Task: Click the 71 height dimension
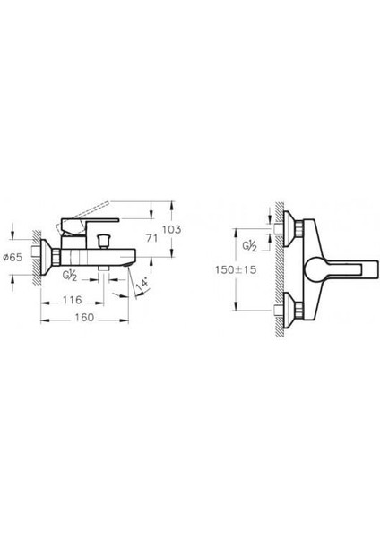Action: point(153,239)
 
